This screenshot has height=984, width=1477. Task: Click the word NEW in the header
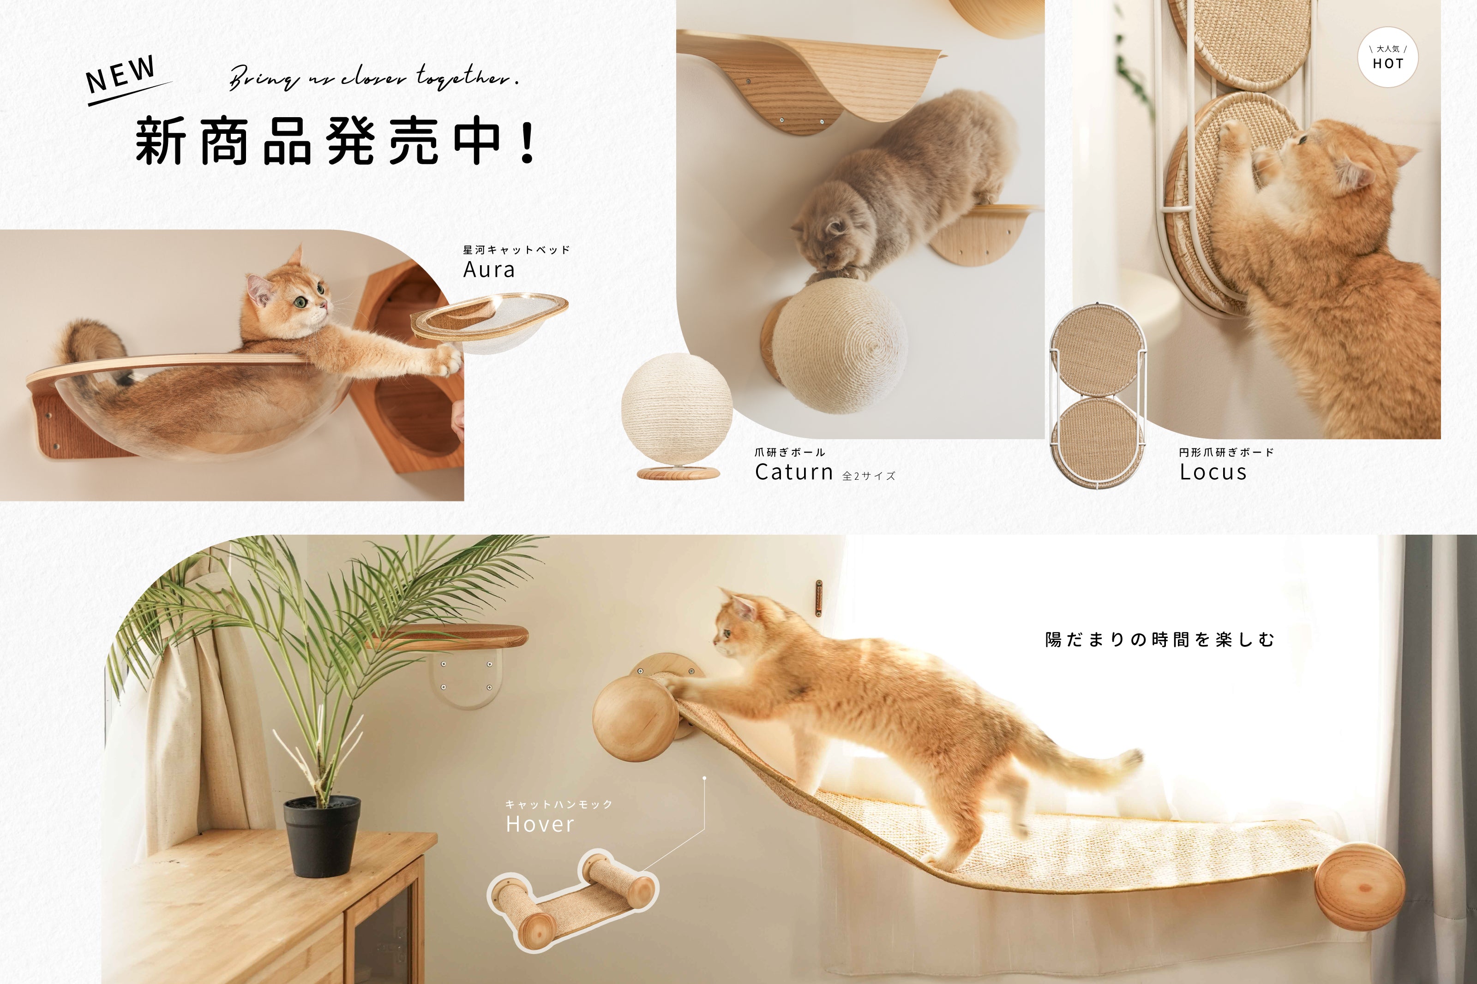[120, 74]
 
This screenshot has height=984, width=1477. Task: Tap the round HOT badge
[1387, 57]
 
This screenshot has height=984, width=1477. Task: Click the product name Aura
[489, 270]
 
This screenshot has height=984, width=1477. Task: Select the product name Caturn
[794, 472]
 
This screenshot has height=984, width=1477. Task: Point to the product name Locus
[1213, 472]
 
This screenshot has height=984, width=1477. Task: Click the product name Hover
[540, 824]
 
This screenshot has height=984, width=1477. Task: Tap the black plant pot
[321, 836]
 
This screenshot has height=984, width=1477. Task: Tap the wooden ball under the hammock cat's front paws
[635, 719]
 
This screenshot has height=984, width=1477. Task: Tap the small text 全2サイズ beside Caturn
[869, 476]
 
